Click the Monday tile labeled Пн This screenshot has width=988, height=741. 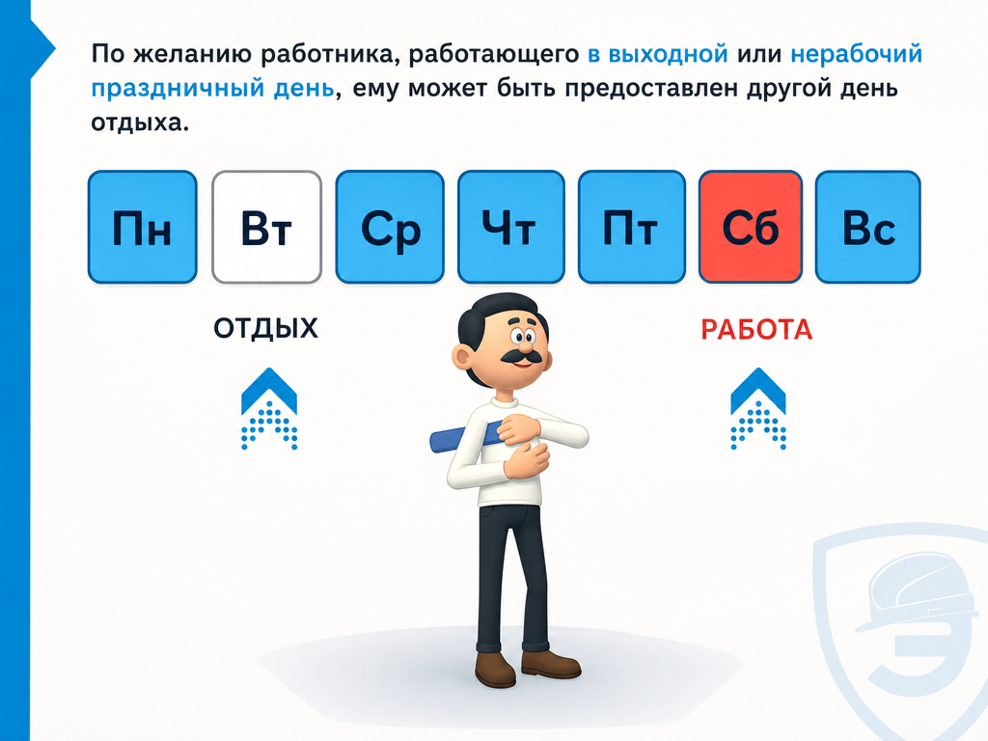pos(143,227)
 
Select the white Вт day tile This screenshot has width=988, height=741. pos(266,227)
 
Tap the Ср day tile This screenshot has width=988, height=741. pos(390,227)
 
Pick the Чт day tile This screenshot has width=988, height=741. pos(511,227)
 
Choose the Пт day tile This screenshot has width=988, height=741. pos(631,227)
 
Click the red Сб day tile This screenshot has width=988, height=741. pos(751,227)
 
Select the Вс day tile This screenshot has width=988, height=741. pos(868,227)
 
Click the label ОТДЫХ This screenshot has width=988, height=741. pos(265,328)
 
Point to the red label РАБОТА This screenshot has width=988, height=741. pos(756,330)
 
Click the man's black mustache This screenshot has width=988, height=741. pos(521,358)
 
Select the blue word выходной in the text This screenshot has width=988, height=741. pos(658,54)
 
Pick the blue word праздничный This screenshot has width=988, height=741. pos(178,88)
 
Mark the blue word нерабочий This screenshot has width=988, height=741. pos(857,54)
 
